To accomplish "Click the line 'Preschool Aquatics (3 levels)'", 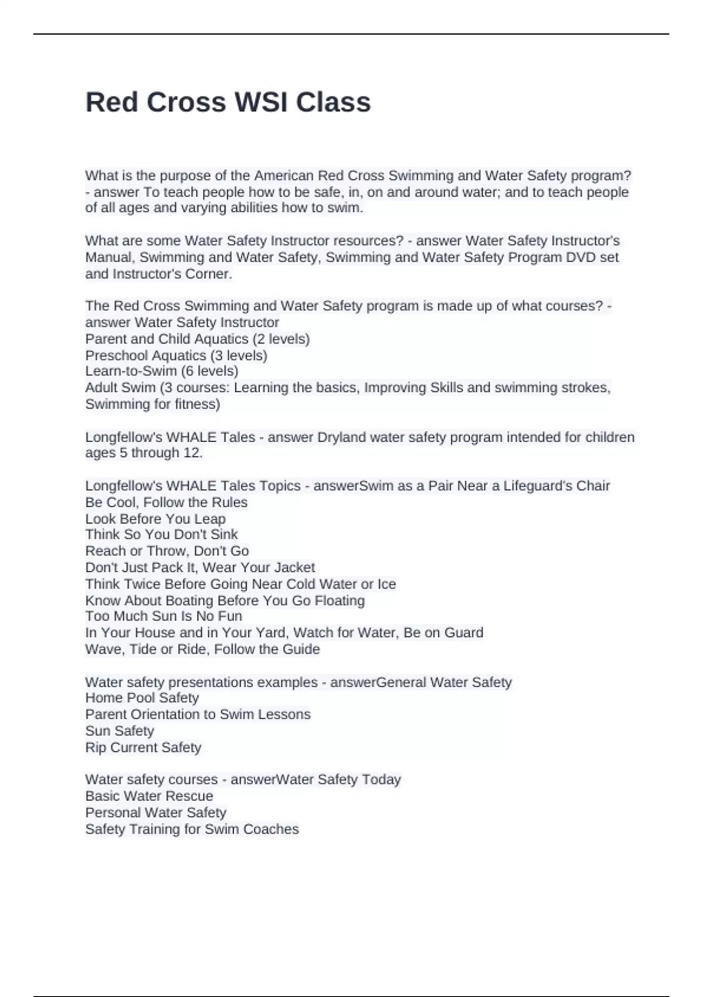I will click(x=176, y=355).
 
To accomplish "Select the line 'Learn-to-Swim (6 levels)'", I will click(x=162, y=371).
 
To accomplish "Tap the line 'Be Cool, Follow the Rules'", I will click(x=166, y=503).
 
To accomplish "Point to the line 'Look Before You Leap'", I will click(x=155, y=519).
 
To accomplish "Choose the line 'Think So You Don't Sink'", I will click(x=161, y=534).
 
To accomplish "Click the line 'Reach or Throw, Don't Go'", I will click(x=167, y=551).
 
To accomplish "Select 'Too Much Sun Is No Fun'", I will click(x=163, y=616).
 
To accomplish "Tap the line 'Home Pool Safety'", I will click(x=142, y=698).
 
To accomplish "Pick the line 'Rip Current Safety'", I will click(x=143, y=748).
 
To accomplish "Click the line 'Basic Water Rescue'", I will click(x=149, y=796).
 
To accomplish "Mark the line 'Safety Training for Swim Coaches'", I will click(x=192, y=829).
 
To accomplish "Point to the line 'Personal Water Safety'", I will click(x=155, y=813).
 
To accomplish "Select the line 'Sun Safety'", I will click(x=120, y=731).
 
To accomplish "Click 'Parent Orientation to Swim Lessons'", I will click(x=197, y=714).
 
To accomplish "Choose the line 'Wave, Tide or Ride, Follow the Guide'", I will click(x=202, y=649).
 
